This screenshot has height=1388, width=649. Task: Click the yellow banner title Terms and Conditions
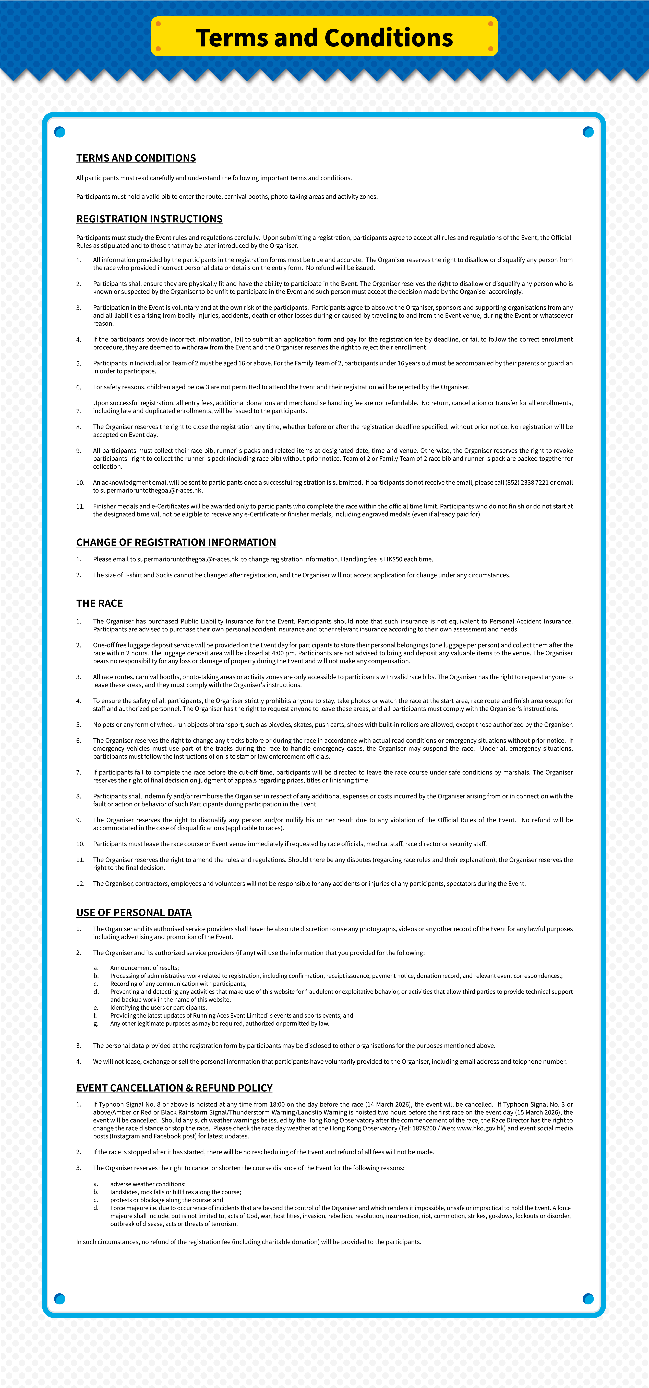click(x=324, y=38)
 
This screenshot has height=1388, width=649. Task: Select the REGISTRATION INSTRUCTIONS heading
click(x=149, y=219)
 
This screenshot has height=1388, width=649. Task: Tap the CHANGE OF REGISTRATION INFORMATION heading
click(x=176, y=542)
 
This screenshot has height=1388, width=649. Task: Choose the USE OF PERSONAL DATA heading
click(x=134, y=912)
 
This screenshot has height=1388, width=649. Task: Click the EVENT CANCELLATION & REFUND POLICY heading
click(x=174, y=1088)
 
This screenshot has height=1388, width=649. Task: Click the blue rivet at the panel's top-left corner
click(x=60, y=132)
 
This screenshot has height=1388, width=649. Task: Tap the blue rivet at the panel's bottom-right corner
click(x=588, y=1299)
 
